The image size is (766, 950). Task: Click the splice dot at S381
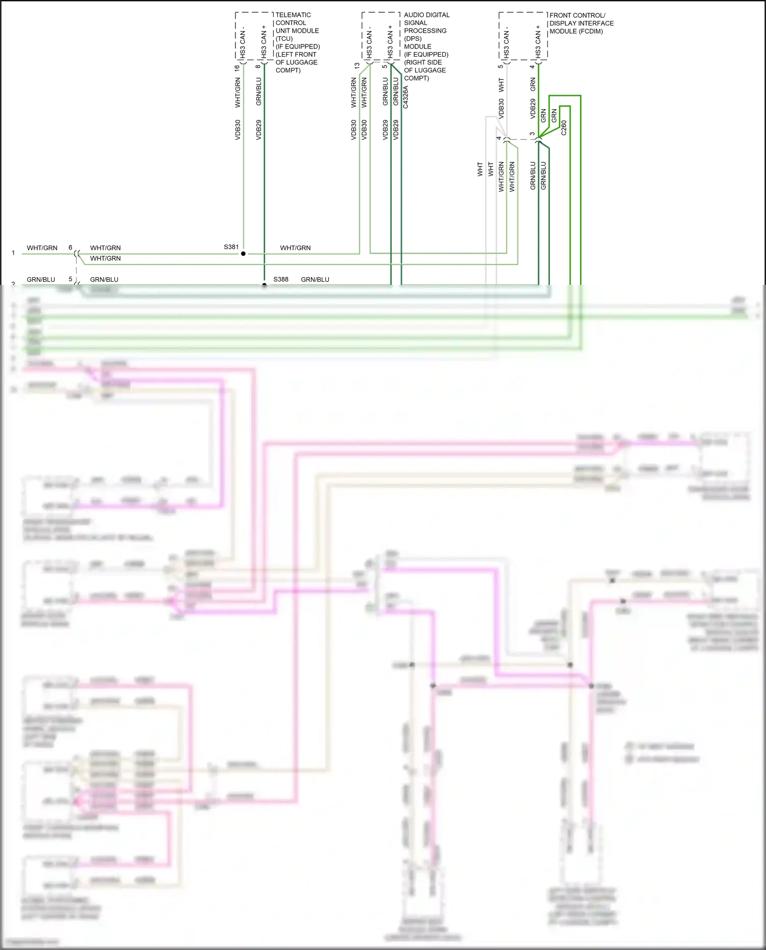point(243,253)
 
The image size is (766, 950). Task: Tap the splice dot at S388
point(264,285)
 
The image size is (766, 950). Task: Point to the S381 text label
point(231,247)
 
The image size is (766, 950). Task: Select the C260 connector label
point(564,128)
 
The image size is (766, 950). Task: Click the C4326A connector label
point(406,97)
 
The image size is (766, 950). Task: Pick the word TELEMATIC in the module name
point(293,15)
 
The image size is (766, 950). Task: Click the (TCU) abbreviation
point(284,39)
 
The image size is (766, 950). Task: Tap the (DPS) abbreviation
point(413,39)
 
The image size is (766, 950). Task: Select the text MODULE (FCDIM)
point(576,31)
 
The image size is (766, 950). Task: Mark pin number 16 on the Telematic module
point(237,67)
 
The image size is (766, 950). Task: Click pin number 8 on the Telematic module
point(258,66)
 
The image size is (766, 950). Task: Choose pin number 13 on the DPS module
point(356,66)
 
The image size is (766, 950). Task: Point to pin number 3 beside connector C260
point(532,134)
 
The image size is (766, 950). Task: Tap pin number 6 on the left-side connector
point(70,248)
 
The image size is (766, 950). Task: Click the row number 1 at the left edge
point(13,253)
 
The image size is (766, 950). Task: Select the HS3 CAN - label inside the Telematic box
point(243,41)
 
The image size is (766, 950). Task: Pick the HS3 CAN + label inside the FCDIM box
point(538,41)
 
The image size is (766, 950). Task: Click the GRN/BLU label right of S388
point(315,279)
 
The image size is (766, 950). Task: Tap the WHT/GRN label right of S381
point(295,248)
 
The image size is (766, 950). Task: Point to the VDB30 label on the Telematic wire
point(238,130)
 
